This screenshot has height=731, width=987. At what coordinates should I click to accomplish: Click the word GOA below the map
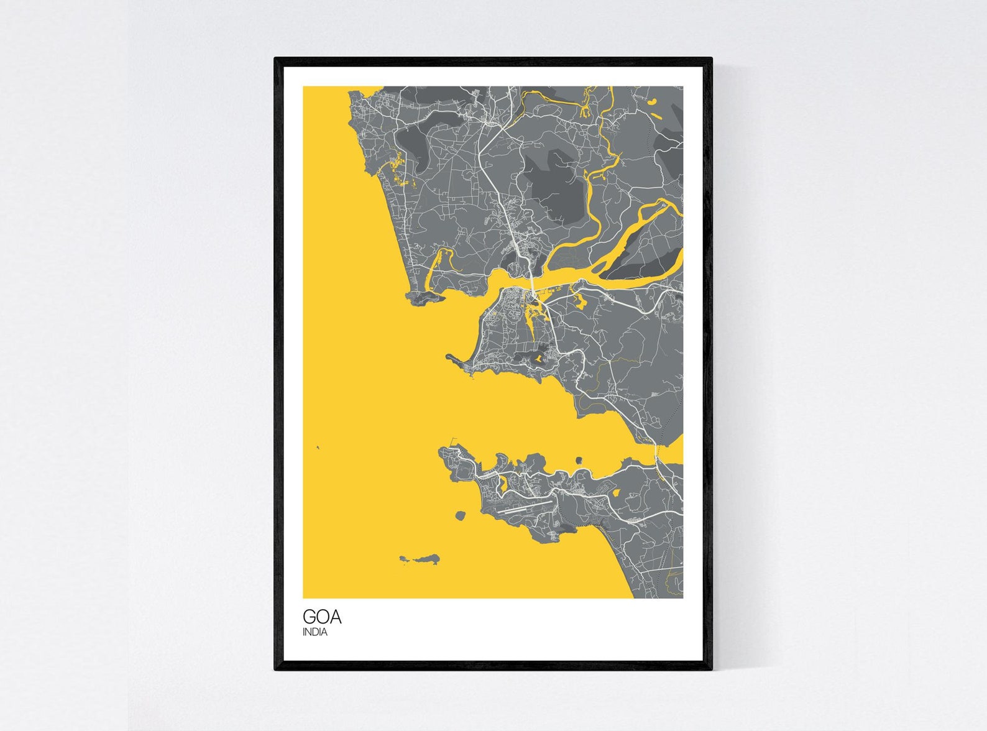(322, 617)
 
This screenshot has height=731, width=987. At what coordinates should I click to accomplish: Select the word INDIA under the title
(314, 633)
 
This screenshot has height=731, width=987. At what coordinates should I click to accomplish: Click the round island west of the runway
(461, 516)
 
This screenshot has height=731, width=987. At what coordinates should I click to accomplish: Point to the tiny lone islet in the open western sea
(318, 447)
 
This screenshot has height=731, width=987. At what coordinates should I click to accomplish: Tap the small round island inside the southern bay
(579, 461)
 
